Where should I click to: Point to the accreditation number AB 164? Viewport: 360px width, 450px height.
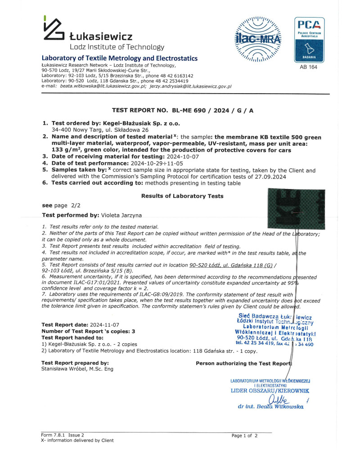308,67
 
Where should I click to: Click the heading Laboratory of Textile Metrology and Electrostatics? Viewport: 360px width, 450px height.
119,58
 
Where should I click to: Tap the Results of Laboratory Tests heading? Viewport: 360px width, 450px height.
182,196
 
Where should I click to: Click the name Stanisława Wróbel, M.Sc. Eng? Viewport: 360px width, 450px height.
77,369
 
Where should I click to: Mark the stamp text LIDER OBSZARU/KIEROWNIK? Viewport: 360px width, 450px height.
270,391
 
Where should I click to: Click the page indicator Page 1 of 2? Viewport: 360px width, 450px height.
244,436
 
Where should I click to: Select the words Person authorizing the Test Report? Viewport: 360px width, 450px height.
244,363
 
